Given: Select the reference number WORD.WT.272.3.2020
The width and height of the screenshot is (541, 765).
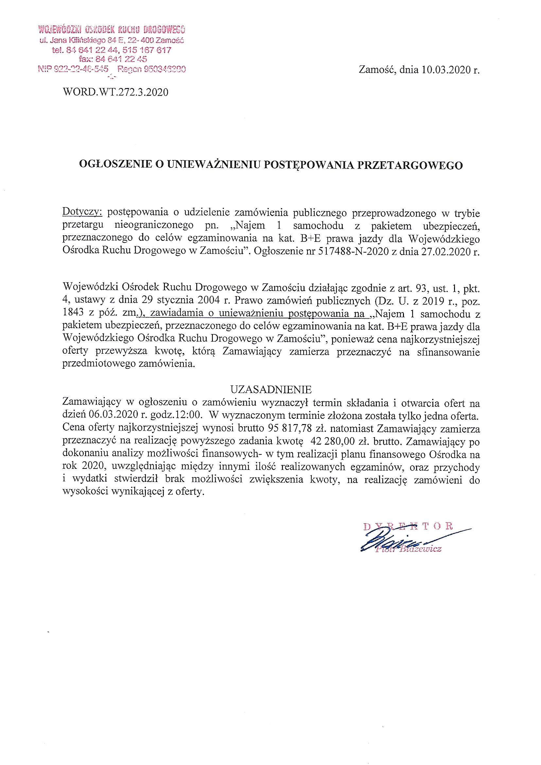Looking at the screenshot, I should (x=115, y=92).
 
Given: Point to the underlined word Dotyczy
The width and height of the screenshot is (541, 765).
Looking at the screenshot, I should (x=82, y=212).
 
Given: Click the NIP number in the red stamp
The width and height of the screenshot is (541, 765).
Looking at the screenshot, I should (x=74, y=69).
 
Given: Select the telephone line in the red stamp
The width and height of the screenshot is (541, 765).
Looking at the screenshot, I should (x=112, y=50).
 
